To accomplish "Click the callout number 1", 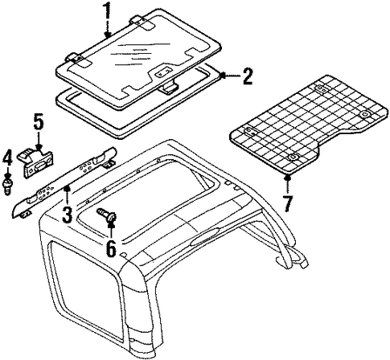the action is pyautogui.click(x=108, y=11).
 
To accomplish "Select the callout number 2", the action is pyautogui.click(x=247, y=76).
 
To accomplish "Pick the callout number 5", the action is pyautogui.click(x=39, y=122).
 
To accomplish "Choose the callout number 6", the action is pyautogui.click(x=111, y=248).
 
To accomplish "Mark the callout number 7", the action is pyautogui.click(x=288, y=203).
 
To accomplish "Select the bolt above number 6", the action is pyautogui.click(x=107, y=215).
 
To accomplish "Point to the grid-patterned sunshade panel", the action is pyautogui.click(x=308, y=124).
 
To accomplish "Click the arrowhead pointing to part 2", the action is pyautogui.click(x=222, y=76).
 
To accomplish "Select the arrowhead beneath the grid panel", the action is pyautogui.click(x=288, y=177).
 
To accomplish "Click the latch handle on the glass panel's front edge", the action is pyautogui.click(x=169, y=88).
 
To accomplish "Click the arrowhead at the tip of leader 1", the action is pyautogui.click(x=108, y=35).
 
